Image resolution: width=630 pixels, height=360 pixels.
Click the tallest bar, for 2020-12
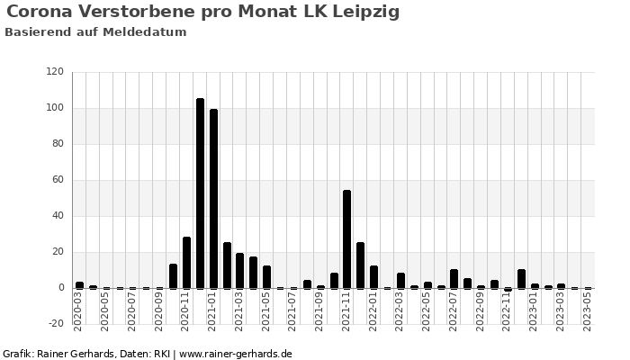[x=200, y=193]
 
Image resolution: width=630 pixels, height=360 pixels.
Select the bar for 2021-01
[x=213, y=199]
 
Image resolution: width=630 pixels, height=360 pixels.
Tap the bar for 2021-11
[x=346, y=239]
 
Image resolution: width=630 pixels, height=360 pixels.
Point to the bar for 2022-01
[x=373, y=277]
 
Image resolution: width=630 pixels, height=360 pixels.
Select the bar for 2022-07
[x=454, y=279]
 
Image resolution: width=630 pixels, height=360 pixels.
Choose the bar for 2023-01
[x=521, y=279]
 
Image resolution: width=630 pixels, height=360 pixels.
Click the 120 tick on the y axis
[x=55, y=72]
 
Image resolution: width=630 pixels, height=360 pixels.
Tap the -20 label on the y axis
[x=54, y=324]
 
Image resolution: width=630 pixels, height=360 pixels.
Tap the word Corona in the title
[x=40, y=13]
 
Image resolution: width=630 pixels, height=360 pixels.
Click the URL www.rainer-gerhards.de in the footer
[x=235, y=354]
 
